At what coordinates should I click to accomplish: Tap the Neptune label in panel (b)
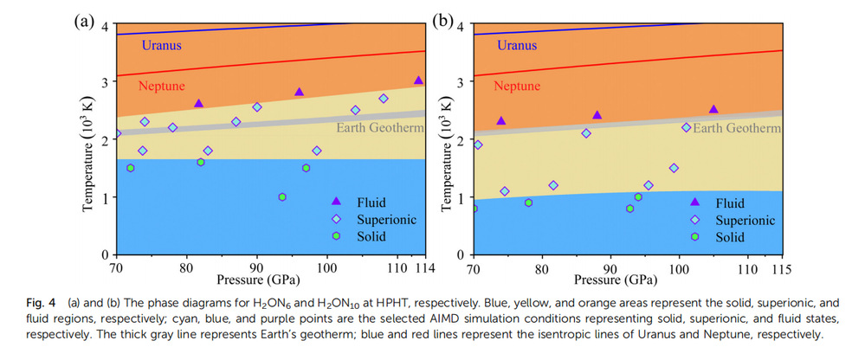tap(517, 86)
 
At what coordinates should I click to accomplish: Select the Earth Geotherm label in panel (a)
tap(378, 128)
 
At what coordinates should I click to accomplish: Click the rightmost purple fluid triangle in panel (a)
tap(418, 80)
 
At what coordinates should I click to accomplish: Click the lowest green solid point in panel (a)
tap(282, 197)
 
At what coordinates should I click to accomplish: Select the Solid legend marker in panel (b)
tap(695, 236)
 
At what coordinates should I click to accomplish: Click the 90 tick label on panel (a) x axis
tap(256, 268)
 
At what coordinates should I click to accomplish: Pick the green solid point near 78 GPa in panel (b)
tap(528, 202)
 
